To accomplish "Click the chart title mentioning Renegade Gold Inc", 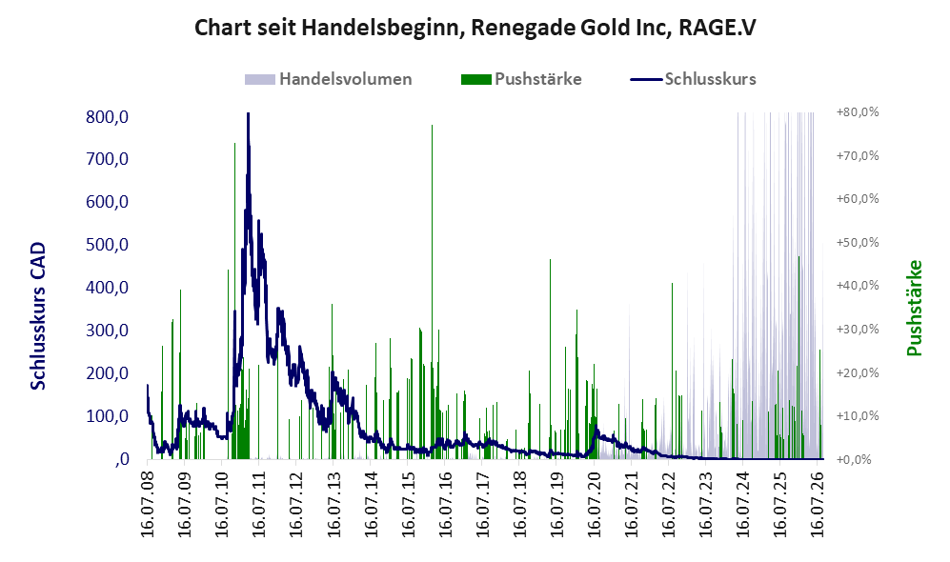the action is (x=475, y=28).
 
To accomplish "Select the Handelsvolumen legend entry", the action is (x=328, y=79).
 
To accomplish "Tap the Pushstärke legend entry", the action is (x=521, y=79).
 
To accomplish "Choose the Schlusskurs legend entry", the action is (x=693, y=79).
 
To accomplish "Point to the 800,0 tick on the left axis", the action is (x=108, y=116).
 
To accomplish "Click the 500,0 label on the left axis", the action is (x=108, y=245).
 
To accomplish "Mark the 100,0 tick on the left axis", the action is (x=108, y=416).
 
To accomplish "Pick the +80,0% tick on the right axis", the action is (x=858, y=112).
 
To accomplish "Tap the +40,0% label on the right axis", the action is (x=858, y=285).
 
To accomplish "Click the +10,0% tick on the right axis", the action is (x=858, y=415).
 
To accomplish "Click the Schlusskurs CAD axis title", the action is (x=37, y=315).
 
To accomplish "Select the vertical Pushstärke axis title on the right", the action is (x=914, y=308).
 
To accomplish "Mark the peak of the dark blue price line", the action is (x=248, y=114).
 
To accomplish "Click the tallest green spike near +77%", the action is (x=432, y=125).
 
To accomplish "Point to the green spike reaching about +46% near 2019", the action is (x=550, y=260).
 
